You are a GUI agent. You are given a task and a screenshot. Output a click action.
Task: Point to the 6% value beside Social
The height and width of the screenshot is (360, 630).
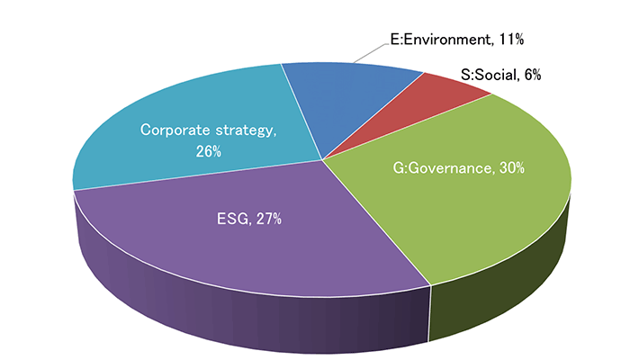(532, 76)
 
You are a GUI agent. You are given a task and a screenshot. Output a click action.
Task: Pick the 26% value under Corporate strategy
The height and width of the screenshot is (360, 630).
(208, 151)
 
